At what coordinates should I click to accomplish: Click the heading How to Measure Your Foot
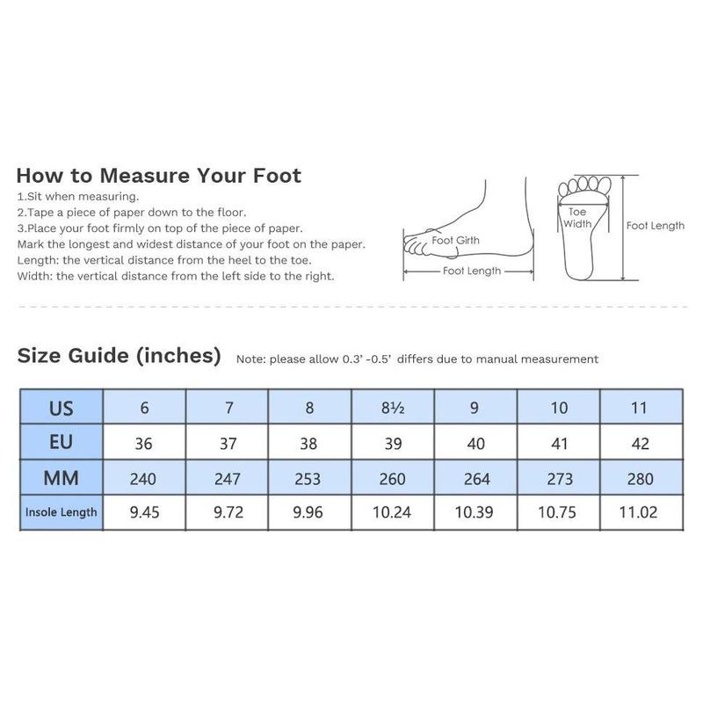158,175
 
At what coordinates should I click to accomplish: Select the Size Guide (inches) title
119,356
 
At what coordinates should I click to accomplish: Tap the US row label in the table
62,408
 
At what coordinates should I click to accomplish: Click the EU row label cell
62,443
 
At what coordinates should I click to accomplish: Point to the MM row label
62,478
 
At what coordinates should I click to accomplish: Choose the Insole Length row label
62,512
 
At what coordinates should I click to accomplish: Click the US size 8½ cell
392,408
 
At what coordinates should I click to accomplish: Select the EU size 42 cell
641,443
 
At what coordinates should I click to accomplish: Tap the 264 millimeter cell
475,478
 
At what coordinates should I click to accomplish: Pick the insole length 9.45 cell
144,512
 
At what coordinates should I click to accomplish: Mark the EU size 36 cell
144,443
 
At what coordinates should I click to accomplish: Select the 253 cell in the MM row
308,478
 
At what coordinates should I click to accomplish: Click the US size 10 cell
559,408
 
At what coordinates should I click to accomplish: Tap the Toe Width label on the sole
576,218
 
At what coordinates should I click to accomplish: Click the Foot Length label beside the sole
656,226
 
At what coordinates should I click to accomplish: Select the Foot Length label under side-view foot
472,272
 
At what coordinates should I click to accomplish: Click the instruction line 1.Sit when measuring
78,197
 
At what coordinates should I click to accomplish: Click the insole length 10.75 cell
559,512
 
